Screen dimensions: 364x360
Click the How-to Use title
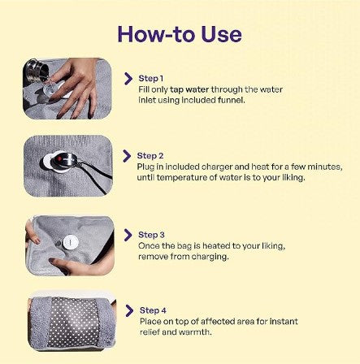coord(180,33)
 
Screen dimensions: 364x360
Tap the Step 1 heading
coord(150,78)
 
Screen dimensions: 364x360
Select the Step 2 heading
coord(150,155)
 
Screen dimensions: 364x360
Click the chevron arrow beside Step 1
coord(128,78)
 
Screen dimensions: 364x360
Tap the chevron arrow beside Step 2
coord(128,155)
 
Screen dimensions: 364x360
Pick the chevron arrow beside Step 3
coord(128,234)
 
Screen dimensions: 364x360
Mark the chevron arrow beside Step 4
coord(128,310)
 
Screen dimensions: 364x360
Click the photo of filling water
coord(67,88)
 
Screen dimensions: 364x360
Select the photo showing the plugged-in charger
coord(67,165)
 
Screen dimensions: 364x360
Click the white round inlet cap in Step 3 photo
coord(70,242)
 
